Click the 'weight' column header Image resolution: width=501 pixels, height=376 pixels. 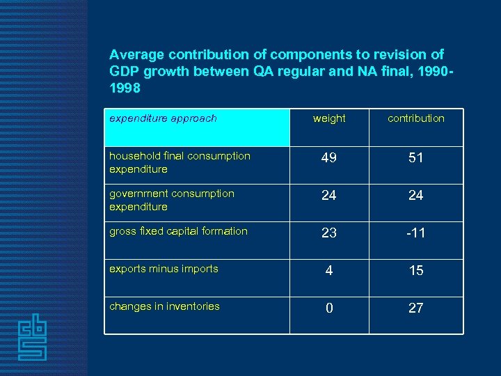tap(329, 118)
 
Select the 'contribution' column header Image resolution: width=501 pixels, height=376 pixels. tap(416, 118)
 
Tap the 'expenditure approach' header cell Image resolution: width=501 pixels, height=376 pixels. tap(164, 118)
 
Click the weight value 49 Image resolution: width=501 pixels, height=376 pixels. tap(329, 158)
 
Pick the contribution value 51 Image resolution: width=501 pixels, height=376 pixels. tap(416, 158)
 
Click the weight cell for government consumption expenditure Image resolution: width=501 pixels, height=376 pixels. tap(329, 196)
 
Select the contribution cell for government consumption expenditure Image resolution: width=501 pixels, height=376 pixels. tap(416, 196)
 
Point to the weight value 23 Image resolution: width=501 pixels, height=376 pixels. tap(329, 233)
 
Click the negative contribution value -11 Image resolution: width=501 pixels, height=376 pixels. tap(415, 233)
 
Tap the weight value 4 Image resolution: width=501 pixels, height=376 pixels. tap(329, 271)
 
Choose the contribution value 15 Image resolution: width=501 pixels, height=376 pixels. tap(416, 271)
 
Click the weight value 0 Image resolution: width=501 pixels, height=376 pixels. tap(329, 308)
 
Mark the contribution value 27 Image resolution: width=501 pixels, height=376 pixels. tap(416, 308)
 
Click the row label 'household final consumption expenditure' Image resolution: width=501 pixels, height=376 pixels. tap(180, 162)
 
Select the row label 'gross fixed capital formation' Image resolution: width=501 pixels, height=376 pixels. tap(178, 231)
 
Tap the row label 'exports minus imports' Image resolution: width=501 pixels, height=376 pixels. tap(164, 269)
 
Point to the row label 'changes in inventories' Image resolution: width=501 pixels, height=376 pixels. tap(164, 306)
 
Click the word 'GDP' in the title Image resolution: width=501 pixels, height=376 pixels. tap(124, 72)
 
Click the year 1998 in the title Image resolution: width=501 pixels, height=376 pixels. tap(125, 88)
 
